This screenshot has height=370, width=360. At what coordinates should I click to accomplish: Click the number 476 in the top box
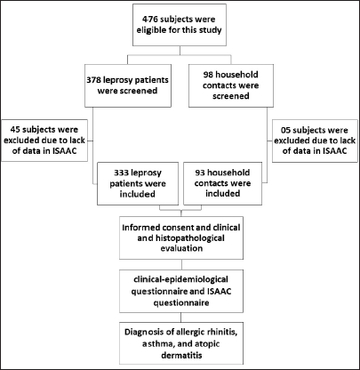tap(149, 20)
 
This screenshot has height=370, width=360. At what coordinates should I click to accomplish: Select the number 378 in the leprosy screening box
tap(94, 80)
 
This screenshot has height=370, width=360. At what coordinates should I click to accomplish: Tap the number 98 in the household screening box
tap(208, 75)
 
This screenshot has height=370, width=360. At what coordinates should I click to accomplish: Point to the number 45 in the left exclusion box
tap(15, 130)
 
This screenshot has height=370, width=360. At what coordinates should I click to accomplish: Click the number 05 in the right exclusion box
tap(286, 130)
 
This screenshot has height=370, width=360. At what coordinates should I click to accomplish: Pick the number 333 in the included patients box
tap(121, 173)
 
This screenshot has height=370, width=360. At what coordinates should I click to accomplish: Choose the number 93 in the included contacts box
tap(200, 173)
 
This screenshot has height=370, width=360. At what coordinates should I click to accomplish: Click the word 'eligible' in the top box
tap(151, 30)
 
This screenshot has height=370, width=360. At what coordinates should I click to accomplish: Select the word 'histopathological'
tap(189, 238)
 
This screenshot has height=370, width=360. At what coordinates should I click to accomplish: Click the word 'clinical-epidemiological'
tap(180, 279)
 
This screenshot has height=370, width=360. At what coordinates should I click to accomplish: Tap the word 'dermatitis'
tap(181, 355)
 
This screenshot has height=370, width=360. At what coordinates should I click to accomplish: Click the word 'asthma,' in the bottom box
tap(156, 344)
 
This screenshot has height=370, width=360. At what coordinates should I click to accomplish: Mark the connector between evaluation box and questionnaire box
tap(181, 264)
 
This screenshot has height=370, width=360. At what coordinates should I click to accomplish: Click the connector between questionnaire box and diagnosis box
tap(181, 318)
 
